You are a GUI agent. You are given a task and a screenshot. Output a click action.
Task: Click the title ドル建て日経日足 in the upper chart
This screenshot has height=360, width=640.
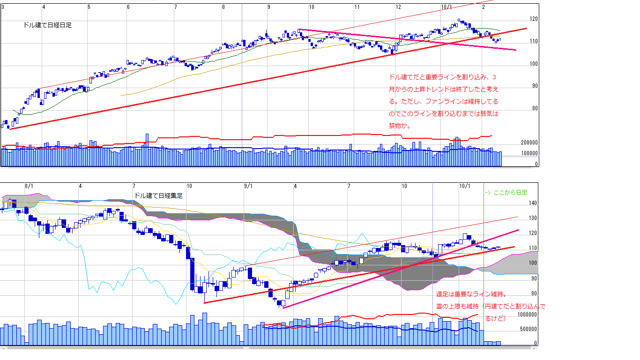click(x=47, y=25)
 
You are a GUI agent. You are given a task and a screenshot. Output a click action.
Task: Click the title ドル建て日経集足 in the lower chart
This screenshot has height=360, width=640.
click(x=158, y=195)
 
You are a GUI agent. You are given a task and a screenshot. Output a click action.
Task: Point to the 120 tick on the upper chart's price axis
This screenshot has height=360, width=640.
click(x=534, y=19)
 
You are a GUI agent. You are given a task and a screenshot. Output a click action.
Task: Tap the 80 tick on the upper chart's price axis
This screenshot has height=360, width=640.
click(x=534, y=109)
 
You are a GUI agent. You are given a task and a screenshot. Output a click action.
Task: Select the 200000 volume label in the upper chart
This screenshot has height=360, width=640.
click(x=529, y=142)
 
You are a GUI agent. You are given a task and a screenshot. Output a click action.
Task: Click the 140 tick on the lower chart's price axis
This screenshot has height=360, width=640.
click(x=534, y=203)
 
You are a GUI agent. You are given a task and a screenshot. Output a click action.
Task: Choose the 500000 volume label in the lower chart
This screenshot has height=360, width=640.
click(x=529, y=330)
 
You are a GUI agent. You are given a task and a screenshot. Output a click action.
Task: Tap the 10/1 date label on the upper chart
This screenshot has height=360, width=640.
click(x=447, y=7)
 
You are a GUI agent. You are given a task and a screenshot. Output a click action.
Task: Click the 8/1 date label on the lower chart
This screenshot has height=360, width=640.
click(x=29, y=186)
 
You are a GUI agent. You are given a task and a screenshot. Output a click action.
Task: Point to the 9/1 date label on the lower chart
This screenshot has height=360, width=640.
click(x=248, y=186)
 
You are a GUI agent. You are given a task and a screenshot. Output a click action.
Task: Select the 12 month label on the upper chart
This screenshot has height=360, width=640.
click(x=398, y=7)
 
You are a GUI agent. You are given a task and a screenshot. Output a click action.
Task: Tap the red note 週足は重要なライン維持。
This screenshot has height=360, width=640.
click(x=471, y=294)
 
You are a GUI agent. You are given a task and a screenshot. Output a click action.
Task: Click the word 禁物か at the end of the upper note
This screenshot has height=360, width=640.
click(x=400, y=126)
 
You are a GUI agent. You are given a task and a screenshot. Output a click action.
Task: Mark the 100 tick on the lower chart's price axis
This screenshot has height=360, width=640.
click(x=534, y=263)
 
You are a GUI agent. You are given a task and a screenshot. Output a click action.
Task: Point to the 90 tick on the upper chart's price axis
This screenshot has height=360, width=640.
click(x=534, y=86)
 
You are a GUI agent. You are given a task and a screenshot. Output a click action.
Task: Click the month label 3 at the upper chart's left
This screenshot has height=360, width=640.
click(x=3, y=7)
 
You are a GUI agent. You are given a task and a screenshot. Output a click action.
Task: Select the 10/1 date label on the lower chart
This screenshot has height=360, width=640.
click(x=464, y=186)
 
